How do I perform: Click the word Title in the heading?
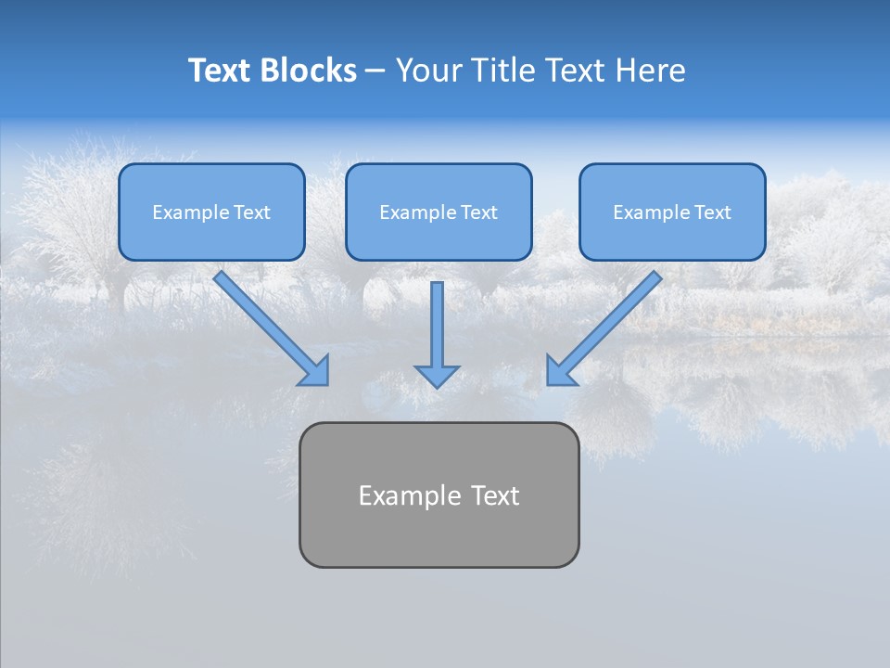click(500, 71)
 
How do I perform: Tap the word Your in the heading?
click(428, 71)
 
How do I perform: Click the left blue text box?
click(211, 212)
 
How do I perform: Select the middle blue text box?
click(439, 212)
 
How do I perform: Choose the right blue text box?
click(672, 212)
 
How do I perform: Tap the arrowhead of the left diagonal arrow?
click(315, 372)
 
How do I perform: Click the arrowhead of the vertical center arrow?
click(437, 376)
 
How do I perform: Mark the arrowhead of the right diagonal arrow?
click(560, 371)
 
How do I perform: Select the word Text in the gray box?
click(495, 495)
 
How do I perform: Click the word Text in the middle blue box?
click(478, 212)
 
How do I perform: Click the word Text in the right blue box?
click(712, 212)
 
